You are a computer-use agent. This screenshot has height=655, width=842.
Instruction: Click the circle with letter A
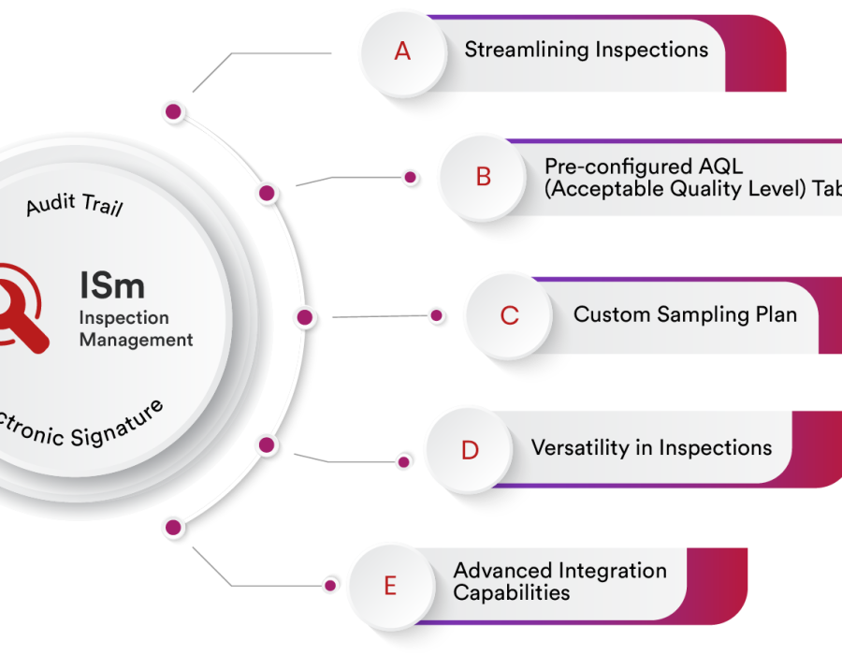pyautogui.click(x=402, y=51)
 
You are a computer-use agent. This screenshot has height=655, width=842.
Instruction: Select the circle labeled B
pyautogui.click(x=483, y=176)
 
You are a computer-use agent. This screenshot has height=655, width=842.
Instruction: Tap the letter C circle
pyautogui.click(x=509, y=315)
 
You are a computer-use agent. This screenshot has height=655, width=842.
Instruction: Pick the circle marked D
pyautogui.click(x=470, y=450)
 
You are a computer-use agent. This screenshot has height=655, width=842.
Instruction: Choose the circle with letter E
pyautogui.click(x=390, y=587)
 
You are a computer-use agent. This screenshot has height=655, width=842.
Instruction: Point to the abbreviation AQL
pyautogui.click(x=722, y=167)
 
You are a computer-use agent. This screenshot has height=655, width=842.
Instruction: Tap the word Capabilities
pyautogui.click(x=511, y=593)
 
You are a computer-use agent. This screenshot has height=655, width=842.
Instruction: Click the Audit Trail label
pyautogui.click(x=74, y=205)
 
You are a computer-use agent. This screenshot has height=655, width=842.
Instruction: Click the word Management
pyautogui.click(x=136, y=340)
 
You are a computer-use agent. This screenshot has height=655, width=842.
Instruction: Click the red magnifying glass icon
pyautogui.click(x=24, y=309)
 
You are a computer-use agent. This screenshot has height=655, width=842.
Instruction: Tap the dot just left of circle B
pyautogui.click(x=409, y=177)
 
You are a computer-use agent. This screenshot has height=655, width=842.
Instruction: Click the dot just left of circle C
pyautogui.click(x=437, y=316)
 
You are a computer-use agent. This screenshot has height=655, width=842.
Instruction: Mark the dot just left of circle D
pyautogui.click(x=404, y=460)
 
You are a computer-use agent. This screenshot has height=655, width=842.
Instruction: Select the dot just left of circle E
pyautogui.click(x=330, y=585)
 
